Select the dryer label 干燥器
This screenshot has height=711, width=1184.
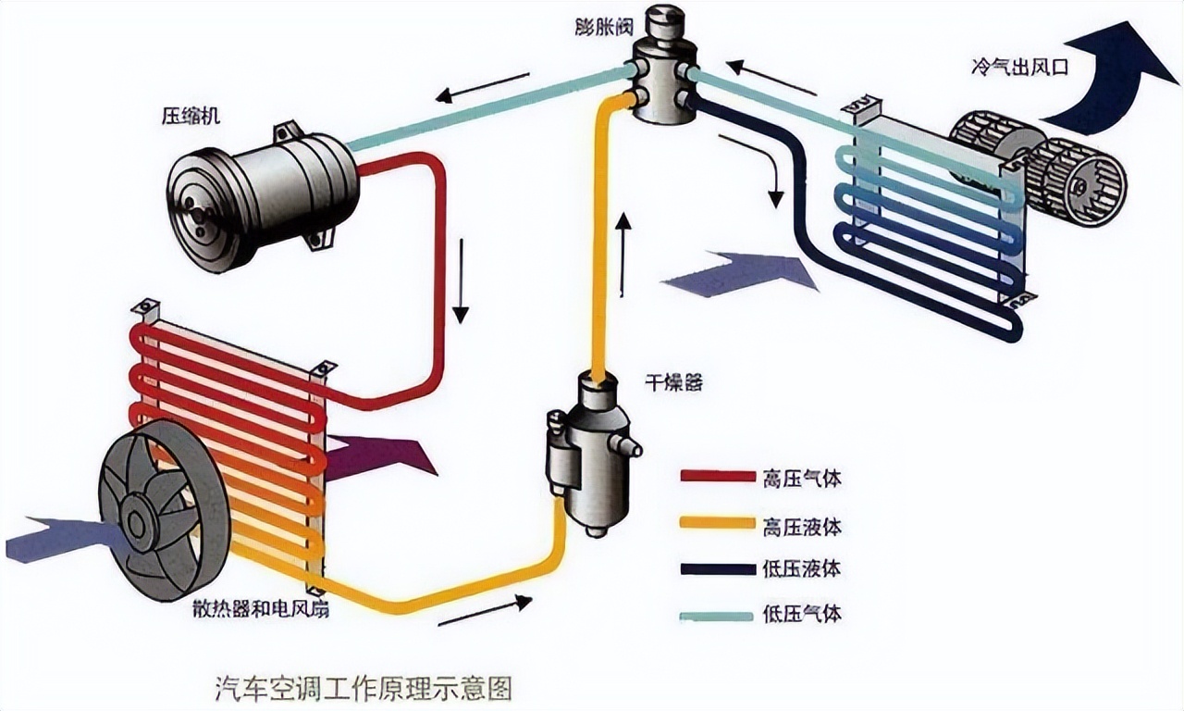click(672, 381)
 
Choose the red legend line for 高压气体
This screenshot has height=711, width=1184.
click(718, 477)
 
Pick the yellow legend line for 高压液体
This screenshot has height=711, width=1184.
click(718, 523)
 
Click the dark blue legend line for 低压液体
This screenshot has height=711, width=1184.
click(718, 569)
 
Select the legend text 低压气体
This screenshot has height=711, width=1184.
click(802, 614)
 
